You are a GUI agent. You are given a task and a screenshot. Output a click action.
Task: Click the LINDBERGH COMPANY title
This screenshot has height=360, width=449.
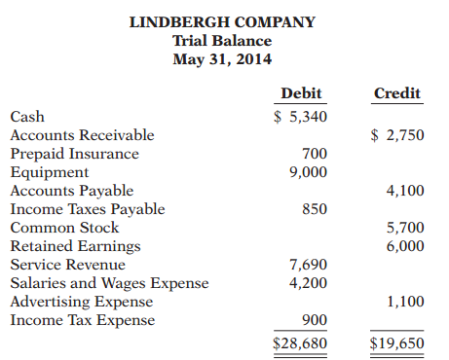tap(222, 22)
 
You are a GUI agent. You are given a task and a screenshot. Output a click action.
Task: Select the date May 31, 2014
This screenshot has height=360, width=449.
tap(222, 59)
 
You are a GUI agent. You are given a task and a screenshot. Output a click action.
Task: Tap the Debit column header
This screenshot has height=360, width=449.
tap(301, 94)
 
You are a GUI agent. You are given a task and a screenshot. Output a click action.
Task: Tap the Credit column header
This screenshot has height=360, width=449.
tap(397, 94)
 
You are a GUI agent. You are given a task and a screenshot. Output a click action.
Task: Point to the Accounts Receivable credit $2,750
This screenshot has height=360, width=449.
tap(397, 135)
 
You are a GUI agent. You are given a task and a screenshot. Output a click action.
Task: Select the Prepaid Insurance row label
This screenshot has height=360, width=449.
tap(74, 154)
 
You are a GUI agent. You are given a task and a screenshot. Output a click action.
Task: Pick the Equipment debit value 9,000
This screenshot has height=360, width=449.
tap(308, 172)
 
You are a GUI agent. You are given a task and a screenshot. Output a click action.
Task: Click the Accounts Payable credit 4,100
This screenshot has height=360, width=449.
tap(404, 191)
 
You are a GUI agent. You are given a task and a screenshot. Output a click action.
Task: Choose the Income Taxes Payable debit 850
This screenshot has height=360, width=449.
tap(314, 209)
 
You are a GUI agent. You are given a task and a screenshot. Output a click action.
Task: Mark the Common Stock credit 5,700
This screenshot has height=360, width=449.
tap(404, 228)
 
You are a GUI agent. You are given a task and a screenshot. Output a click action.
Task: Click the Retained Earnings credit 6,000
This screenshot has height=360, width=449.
tap(404, 246)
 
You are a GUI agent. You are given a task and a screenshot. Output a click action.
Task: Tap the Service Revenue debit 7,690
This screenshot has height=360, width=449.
tap(308, 265)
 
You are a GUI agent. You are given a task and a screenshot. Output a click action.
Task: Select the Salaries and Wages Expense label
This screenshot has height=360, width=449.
tap(109, 283)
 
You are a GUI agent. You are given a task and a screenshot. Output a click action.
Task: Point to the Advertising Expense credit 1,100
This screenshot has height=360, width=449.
tap(404, 302)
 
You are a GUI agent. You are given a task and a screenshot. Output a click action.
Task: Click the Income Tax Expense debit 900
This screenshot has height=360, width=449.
tap(314, 320)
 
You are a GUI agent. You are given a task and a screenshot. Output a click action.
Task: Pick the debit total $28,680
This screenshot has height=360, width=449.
tap(299, 343)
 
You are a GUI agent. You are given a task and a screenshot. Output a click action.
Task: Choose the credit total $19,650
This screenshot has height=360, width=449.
tap(396, 343)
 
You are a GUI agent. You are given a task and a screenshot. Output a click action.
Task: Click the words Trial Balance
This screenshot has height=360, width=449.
tap(222, 41)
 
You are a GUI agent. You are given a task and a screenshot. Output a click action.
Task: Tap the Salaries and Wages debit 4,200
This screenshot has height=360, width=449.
tap(308, 283)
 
